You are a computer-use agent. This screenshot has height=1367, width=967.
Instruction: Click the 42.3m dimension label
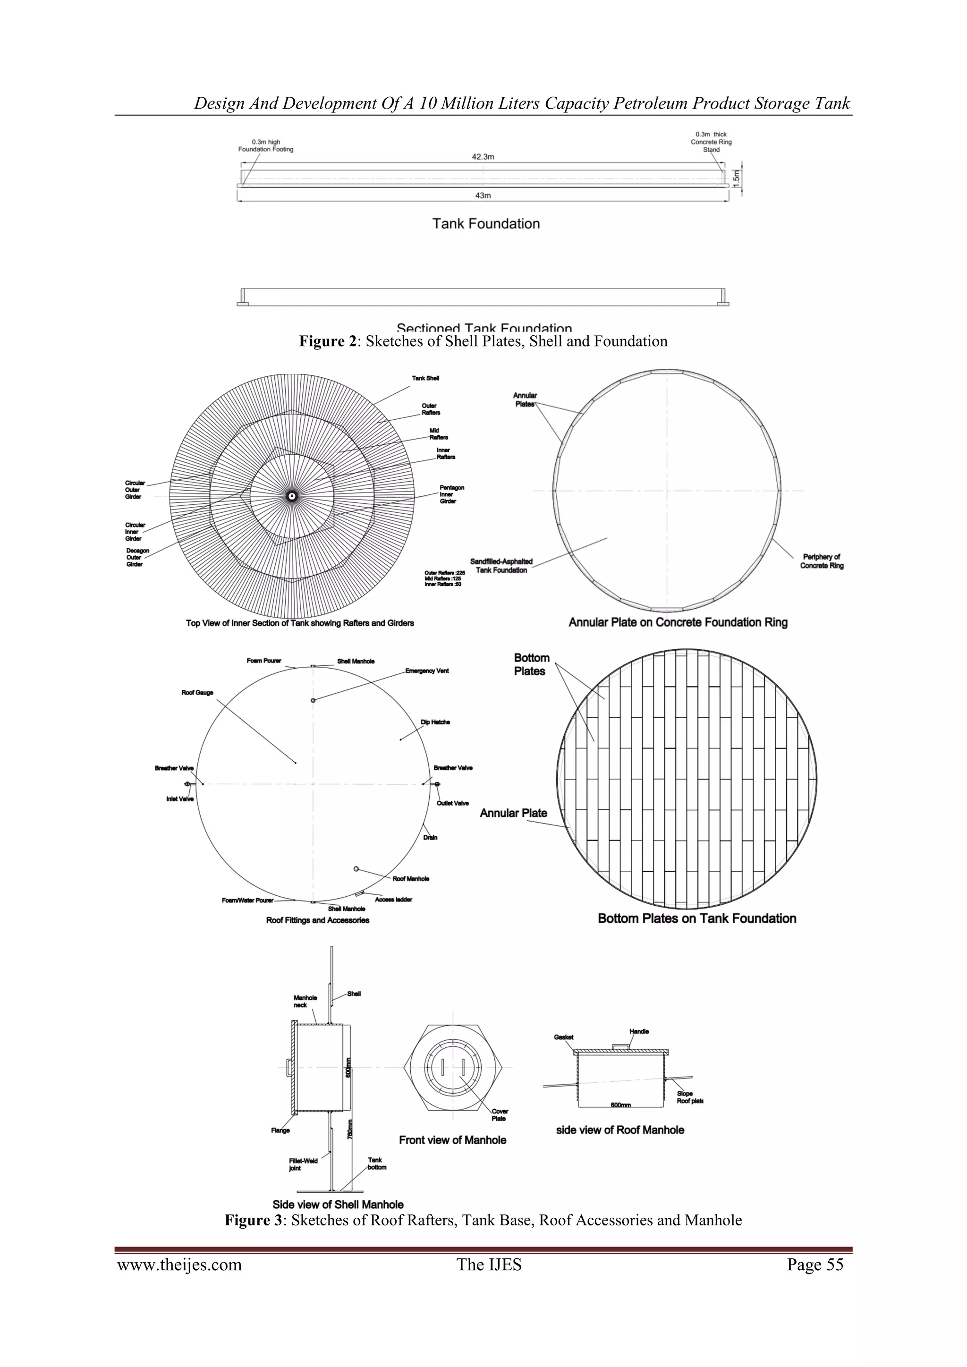483,157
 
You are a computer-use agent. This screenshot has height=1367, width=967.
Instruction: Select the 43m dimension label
483,195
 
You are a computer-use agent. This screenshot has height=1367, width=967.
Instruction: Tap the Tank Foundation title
486,224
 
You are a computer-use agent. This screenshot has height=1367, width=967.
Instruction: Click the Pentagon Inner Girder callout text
451,494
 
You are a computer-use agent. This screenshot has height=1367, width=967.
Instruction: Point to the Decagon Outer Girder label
137,557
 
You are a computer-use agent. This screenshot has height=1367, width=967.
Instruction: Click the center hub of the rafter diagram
292,495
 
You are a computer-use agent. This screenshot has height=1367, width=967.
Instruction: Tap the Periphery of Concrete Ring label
821,561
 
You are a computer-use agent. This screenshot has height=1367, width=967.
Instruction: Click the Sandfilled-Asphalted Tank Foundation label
501,566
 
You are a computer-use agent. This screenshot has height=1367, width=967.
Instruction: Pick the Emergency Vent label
427,671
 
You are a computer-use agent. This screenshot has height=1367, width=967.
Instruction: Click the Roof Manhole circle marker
356,869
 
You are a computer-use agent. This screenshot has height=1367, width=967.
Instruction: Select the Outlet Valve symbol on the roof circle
437,784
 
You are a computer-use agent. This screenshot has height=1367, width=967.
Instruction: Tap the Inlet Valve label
180,799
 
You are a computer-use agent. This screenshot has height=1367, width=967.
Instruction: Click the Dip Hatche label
435,722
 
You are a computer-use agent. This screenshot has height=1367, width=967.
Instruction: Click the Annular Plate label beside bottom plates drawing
513,813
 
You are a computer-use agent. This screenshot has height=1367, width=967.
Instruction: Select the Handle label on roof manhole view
639,1031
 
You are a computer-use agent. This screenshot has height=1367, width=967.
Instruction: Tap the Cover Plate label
500,1114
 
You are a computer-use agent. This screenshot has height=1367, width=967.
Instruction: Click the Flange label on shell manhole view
280,1130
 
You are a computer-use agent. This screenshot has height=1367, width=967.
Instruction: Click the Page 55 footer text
814,1265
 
